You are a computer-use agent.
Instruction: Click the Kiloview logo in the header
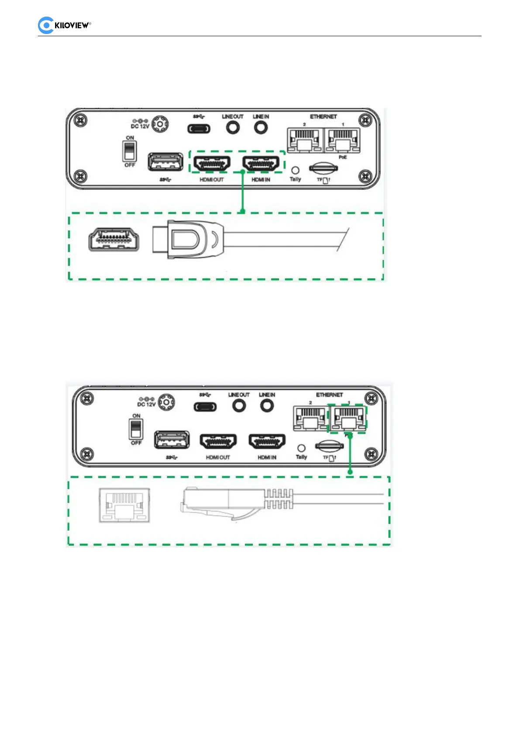[x=64, y=25]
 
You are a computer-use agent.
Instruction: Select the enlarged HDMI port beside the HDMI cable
[x=114, y=240]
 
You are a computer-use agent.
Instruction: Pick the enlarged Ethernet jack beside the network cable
[x=125, y=505]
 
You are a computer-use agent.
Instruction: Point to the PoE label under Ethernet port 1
[x=343, y=157]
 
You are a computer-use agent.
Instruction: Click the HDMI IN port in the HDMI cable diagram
[x=261, y=164]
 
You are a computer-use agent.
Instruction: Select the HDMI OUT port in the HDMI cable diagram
[x=212, y=164]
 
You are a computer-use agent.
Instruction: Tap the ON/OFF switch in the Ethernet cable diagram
[x=136, y=429]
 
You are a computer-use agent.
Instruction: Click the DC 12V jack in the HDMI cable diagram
[x=160, y=124]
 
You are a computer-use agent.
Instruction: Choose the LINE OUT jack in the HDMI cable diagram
[x=233, y=128]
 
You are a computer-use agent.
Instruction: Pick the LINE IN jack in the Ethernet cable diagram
[x=267, y=406]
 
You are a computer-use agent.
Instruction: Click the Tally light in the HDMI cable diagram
[x=295, y=170]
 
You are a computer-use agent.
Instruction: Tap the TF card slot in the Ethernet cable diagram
[x=329, y=446]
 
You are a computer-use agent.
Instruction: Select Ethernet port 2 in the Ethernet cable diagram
[x=310, y=419]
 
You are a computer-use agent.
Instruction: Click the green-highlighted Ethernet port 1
[x=348, y=419]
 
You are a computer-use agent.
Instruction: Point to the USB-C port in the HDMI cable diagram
[x=199, y=129]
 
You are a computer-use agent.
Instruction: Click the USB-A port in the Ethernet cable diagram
[x=172, y=440]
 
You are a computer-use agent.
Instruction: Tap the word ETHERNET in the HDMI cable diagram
[x=324, y=117]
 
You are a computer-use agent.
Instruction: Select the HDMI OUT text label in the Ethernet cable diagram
[x=218, y=457]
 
